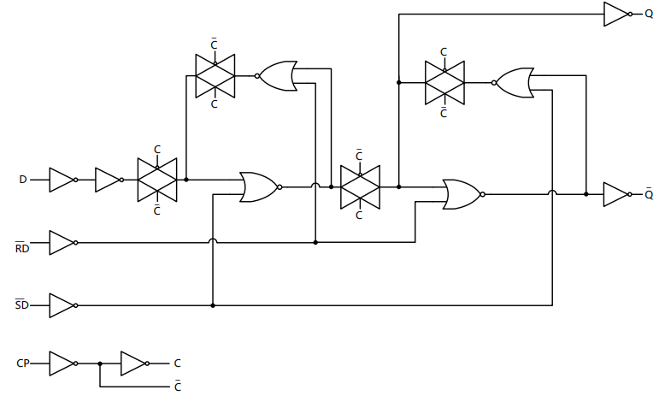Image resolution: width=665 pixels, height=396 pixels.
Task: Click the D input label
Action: [x=23, y=180]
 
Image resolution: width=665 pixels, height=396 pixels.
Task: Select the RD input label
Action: [x=22, y=249]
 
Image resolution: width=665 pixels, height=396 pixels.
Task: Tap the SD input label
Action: [x=22, y=305]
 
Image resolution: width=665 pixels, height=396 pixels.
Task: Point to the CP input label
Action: [x=23, y=363]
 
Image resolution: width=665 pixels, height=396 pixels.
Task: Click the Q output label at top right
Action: [x=649, y=14]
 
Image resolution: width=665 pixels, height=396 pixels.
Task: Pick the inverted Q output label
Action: [x=649, y=194]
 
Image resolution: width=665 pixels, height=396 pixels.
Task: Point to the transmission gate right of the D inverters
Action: [x=157, y=180]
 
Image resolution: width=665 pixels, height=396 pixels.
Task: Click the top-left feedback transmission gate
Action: [x=215, y=75]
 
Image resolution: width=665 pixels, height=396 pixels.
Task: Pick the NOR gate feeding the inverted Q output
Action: [x=462, y=194]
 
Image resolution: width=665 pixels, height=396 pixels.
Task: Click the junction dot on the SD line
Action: [x=212, y=305]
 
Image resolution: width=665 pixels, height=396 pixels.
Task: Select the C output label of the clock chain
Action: [x=177, y=363]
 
